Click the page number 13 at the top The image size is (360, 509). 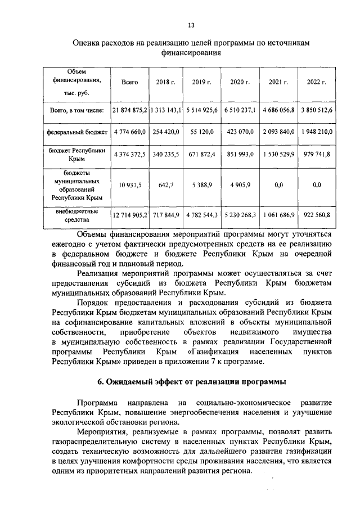coord(191,25)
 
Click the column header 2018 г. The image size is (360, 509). coord(166,82)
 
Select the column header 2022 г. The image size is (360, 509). coord(316,82)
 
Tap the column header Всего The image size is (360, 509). coord(130,82)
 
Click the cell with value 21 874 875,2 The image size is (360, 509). coord(130,110)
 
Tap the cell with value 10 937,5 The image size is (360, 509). coord(130,184)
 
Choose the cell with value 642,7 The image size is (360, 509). coord(166,184)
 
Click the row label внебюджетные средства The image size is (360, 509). coord(76,216)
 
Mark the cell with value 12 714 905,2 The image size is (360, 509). coord(130,216)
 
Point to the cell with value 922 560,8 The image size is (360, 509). coord(316,216)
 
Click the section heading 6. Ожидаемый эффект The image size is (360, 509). coord(191,382)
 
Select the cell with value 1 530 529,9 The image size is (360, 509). coord(278,154)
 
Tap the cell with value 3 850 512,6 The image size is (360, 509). coord(316,110)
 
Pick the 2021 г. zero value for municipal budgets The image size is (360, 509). coord(278,184)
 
